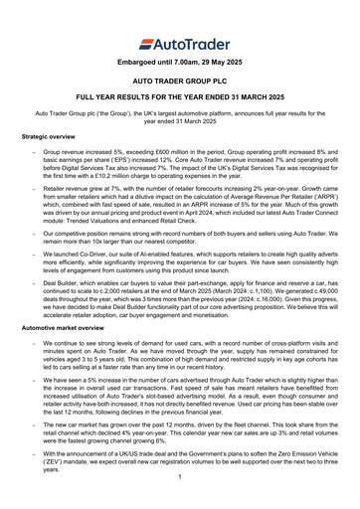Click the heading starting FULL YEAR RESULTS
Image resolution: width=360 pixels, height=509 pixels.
(x=180, y=123)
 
